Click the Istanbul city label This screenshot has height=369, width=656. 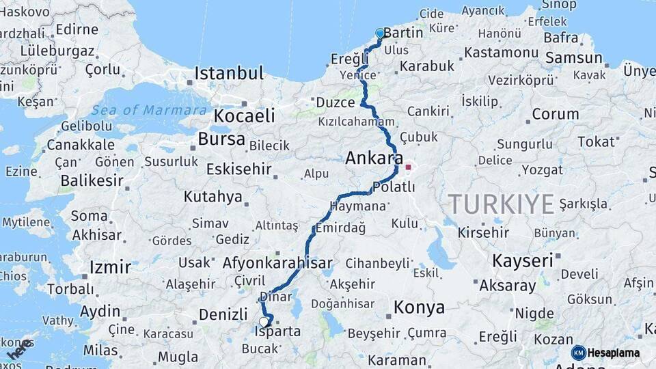[x=229, y=73]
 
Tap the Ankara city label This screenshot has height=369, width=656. [x=373, y=158]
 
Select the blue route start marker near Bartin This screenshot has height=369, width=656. [x=380, y=33]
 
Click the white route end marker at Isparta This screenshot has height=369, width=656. [x=264, y=322]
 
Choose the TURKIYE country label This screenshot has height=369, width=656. [x=501, y=204]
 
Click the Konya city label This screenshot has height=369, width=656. [x=419, y=307]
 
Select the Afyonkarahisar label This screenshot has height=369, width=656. [x=277, y=262]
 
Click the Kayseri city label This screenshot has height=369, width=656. [x=522, y=260]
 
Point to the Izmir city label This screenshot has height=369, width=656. [x=109, y=266]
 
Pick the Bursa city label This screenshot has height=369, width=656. [x=221, y=139]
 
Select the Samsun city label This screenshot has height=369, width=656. [x=573, y=57]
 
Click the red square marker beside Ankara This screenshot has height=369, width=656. [x=409, y=166]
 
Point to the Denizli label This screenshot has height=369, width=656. [x=223, y=314]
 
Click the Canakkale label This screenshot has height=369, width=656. [x=80, y=145]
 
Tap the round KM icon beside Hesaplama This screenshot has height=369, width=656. [x=578, y=353]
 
